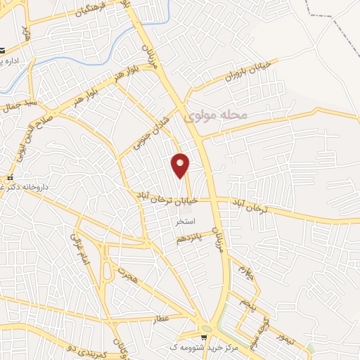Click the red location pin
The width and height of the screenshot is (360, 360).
click(181, 165)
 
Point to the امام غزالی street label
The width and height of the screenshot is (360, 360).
click(79, 252)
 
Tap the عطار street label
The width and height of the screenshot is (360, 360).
click(161, 319)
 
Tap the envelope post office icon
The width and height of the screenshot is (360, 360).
click(3, 51)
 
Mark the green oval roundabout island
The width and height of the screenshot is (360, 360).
click(206, 328)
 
